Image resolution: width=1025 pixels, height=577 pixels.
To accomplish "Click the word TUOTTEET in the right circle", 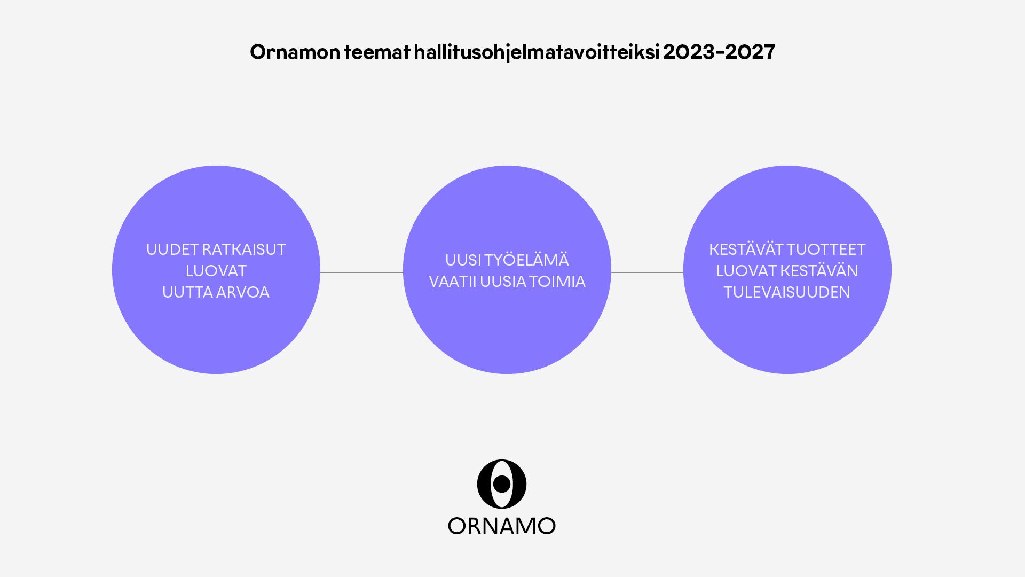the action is tap(826, 249).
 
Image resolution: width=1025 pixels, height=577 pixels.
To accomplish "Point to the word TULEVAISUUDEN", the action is tap(787, 292).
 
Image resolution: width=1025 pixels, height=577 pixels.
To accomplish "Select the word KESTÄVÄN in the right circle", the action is tap(819, 270).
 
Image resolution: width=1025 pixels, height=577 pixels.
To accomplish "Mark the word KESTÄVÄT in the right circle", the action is tap(746, 249).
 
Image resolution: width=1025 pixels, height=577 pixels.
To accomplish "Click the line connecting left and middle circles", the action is tap(361, 272).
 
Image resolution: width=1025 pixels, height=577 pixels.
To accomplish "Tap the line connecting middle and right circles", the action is tap(647, 272).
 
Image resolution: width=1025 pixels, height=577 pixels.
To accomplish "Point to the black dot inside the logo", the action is tap(501, 484).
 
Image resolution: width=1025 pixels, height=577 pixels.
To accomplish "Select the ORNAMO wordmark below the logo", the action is tap(502, 526).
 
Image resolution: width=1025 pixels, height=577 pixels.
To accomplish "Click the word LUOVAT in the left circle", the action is tap(216, 271).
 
